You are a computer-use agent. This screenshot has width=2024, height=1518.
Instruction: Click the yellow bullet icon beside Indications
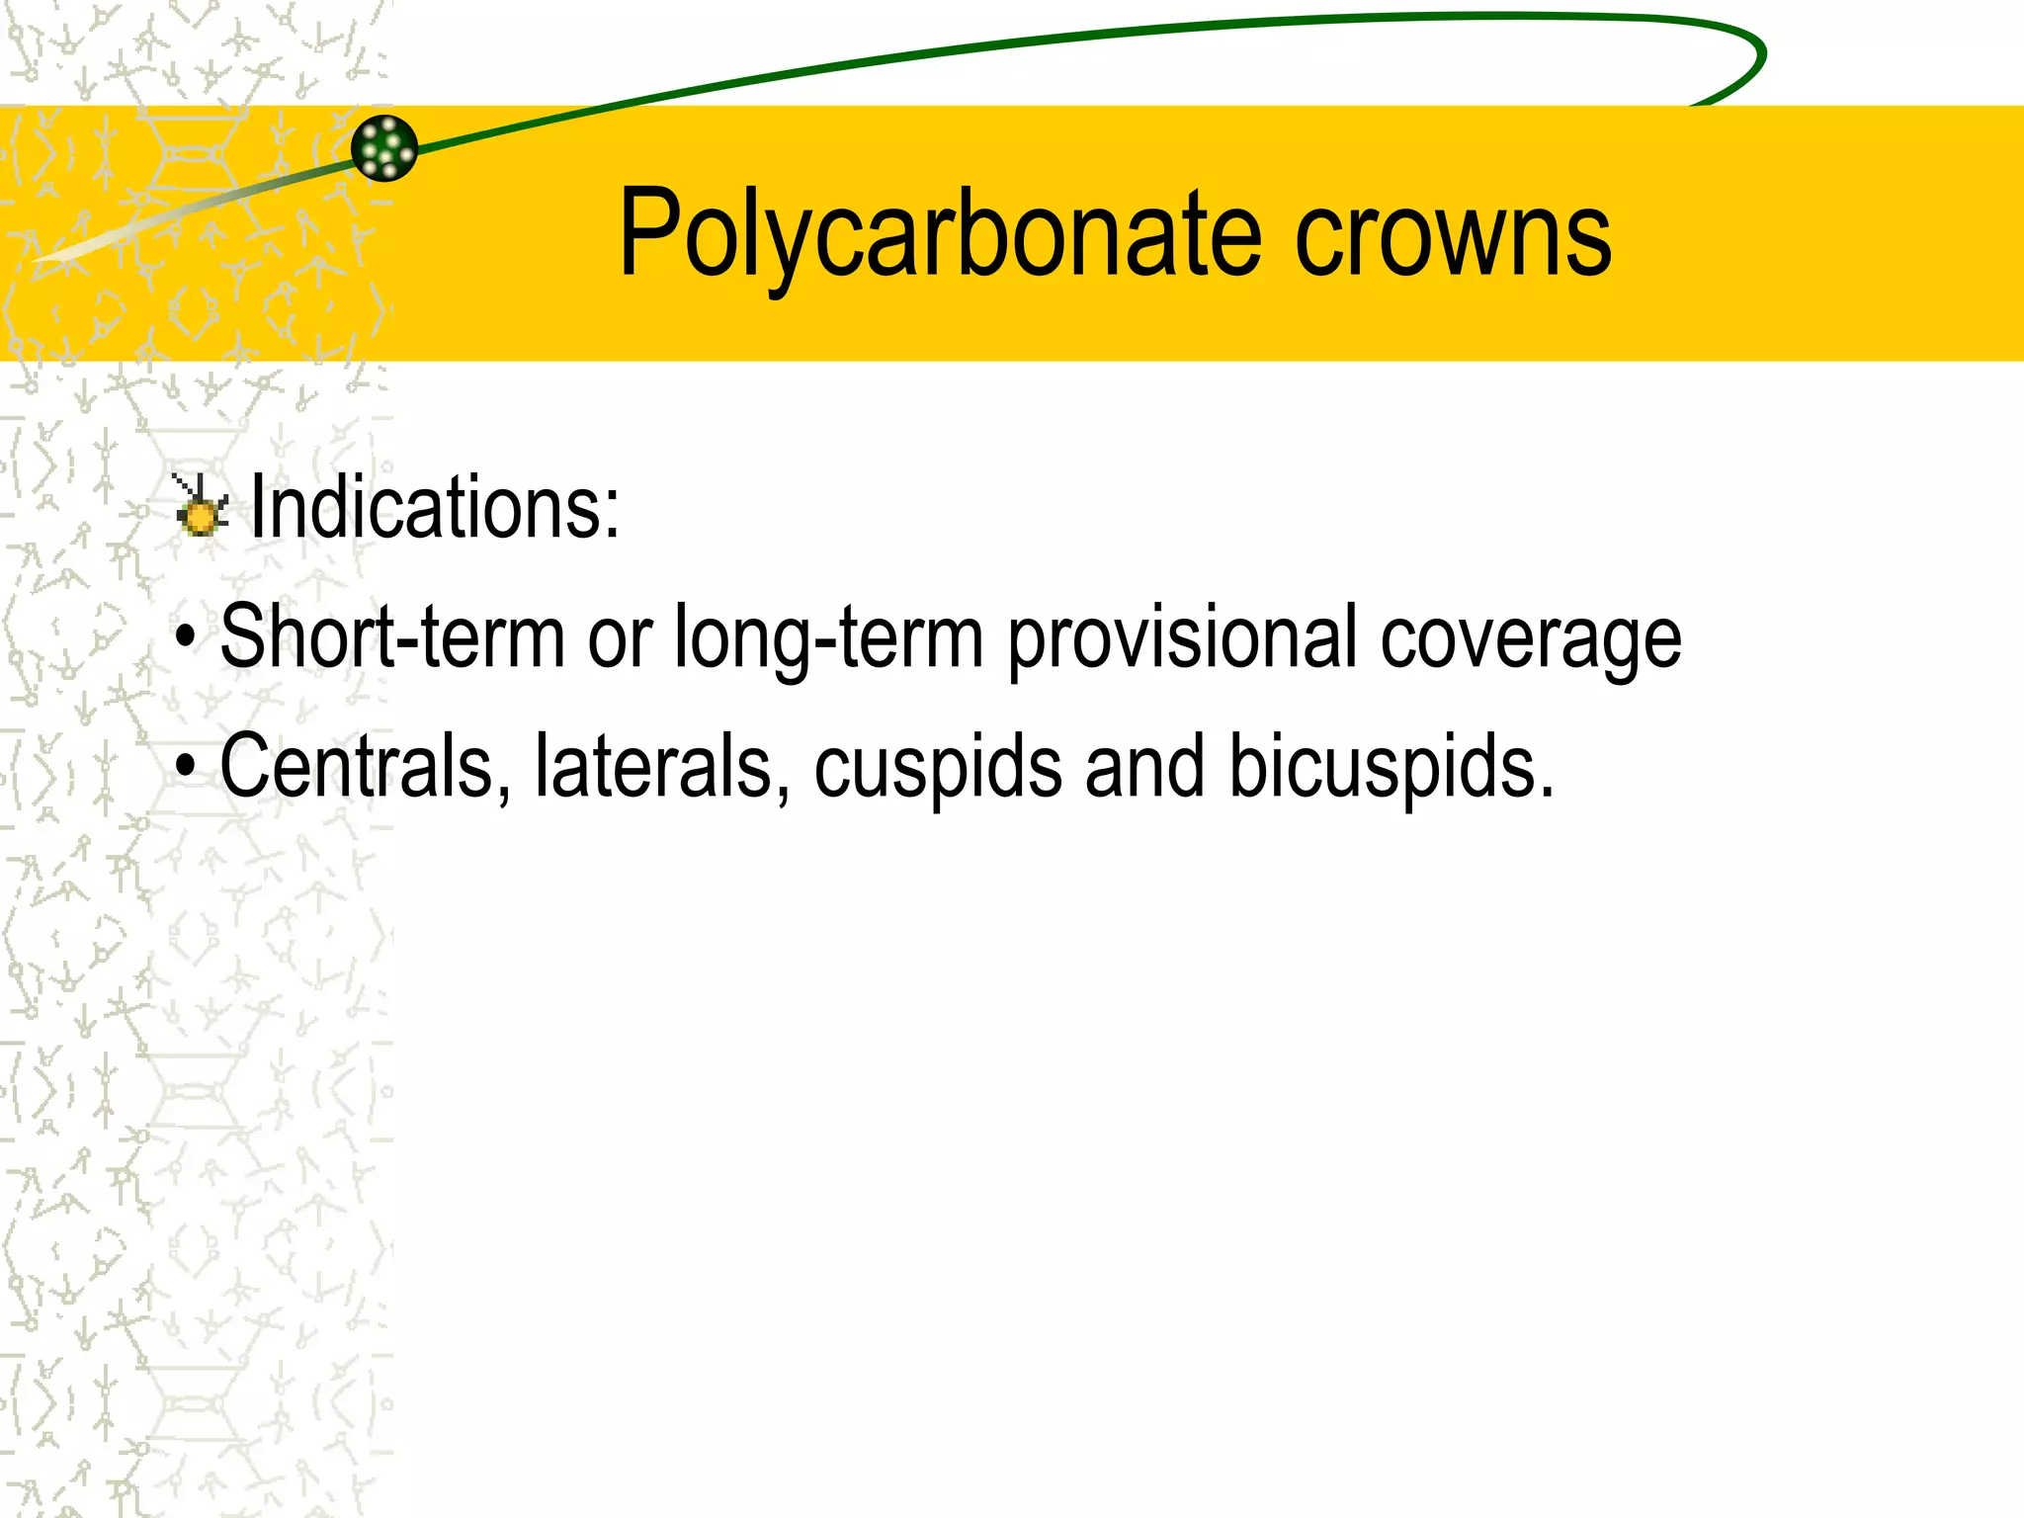[201, 508]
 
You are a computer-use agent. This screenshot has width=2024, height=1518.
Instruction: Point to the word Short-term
[392, 637]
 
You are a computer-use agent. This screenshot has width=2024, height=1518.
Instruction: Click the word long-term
[828, 637]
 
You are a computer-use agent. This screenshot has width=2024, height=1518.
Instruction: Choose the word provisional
[1182, 637]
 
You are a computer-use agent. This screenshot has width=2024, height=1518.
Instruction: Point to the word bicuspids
[1381, 766]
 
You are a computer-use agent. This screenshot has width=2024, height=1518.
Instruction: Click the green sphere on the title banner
[384, 148]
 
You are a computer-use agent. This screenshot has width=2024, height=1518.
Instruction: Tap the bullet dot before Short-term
[185, 638]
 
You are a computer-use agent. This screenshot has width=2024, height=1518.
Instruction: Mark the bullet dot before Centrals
[185, 767]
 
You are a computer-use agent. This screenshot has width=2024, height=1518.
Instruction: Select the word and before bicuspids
[1144, 766]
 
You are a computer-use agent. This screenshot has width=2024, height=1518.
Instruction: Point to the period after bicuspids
[1546, 791]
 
